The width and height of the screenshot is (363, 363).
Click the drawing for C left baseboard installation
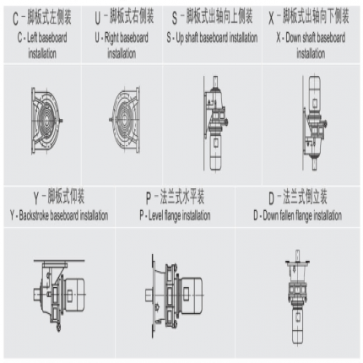tap(46, 121)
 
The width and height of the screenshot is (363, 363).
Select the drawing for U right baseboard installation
tap(124, 120)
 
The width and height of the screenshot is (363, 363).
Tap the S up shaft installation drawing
tap(215, 123)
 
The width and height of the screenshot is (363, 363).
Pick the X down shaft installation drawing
tap(314, 123)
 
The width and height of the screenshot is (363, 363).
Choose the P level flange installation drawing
tap(175, 295)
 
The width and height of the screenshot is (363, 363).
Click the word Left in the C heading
tap(32, 37)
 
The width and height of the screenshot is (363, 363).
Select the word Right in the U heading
tap(111, 38)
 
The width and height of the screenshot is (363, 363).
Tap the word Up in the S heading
tap(180, 38)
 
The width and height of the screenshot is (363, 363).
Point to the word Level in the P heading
tap(155, 215)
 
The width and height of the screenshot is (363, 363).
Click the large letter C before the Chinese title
tap(15, 19)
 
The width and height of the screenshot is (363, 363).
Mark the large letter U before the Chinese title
tap(98, 19)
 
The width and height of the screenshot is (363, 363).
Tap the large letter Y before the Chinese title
tap(36, 198)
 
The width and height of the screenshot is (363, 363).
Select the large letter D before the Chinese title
tap(271, 198)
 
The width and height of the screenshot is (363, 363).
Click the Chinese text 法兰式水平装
tap(182, 196)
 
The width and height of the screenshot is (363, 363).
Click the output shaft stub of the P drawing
tap(149, 295)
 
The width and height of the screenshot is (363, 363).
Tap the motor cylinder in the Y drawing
tap(73, 294)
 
